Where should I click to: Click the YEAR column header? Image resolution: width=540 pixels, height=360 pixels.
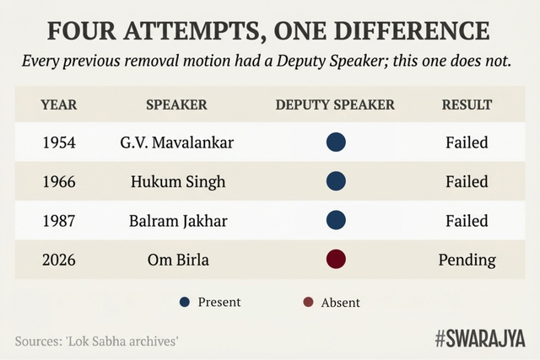click(59, 105)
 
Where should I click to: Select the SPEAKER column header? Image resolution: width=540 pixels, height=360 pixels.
click(177, 105)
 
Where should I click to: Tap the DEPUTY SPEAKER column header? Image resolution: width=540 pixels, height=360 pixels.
click(335, 105)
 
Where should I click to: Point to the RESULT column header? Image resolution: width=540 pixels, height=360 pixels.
click(467, 105)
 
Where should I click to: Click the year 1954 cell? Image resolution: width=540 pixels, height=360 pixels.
click(59, 142)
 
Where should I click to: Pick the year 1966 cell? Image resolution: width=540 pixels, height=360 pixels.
click(59, 181)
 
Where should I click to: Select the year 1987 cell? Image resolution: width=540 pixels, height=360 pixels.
click(59, 220)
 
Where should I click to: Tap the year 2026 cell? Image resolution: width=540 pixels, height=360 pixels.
click(59, 259)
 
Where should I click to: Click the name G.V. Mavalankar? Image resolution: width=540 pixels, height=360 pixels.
click(177, 142)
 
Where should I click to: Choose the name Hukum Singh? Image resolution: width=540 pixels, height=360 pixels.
click(177, 181)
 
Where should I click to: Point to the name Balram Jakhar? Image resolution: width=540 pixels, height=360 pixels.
click(177, 220)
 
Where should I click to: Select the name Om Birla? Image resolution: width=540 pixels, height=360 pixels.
click(177, 259)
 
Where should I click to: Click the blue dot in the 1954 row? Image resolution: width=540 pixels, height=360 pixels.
click(336, 142)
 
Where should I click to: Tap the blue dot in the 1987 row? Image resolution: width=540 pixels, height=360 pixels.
click(336, 220)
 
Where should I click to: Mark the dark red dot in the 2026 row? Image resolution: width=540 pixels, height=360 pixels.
click(336, 259)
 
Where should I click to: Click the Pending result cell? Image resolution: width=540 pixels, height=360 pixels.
click(467, 259)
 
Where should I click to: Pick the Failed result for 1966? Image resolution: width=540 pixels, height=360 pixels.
click(467, 181)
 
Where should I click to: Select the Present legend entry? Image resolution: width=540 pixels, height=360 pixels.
click(211, 302)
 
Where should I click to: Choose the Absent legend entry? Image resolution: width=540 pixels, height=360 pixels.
click(332, 302)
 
